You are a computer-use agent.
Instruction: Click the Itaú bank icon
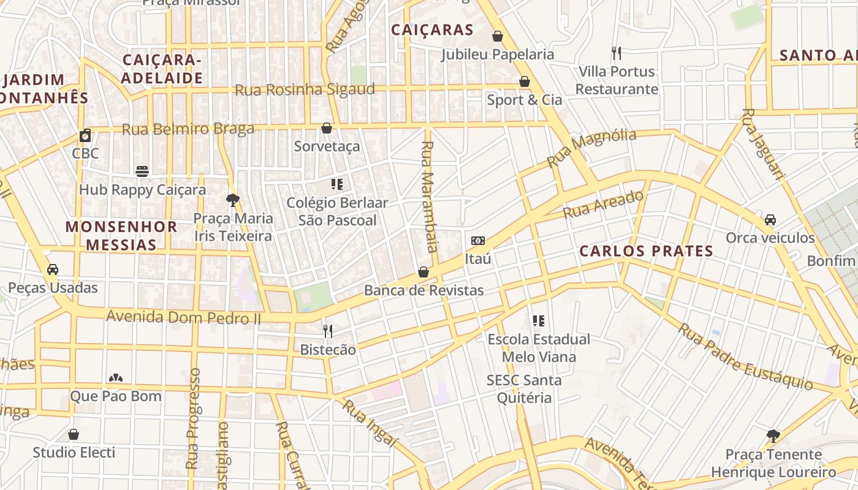click(x=478, y=241)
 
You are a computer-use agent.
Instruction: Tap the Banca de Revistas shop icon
click(x=423, y=272)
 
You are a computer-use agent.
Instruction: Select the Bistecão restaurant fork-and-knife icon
click(x=328, y=331)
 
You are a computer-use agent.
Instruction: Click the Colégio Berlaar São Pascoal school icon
click(x=336, y=184)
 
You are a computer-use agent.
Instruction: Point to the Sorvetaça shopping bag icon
click(x=327, y=128)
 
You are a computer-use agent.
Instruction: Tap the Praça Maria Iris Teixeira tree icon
click(x=232, y=200)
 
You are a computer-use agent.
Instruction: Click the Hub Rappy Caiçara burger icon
click(x=142, y=171)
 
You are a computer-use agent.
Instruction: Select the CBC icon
click(x=85, y=135)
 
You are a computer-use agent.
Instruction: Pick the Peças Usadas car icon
click(x=53, y=269)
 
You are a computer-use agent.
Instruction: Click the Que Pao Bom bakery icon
click(x=115, y=378)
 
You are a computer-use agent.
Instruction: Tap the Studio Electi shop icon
click(x=74, y=434)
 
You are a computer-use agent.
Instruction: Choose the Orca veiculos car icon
click(x=770, y=219)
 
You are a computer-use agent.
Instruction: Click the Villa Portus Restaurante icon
click(x=617, y=53)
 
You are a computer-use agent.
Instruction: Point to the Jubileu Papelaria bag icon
click(x=498, y=36)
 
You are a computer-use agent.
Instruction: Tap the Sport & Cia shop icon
click(x=525, y=81)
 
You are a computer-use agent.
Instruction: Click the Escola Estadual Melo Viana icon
click(x=539, y=321)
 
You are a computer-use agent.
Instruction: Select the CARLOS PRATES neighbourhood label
click(x=647, y=251)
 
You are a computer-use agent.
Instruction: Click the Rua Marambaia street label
click(x=429, y=196)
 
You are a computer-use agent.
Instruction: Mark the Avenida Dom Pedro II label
click(x=183, y=317)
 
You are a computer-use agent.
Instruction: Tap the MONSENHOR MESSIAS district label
click(x=121, y=236)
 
